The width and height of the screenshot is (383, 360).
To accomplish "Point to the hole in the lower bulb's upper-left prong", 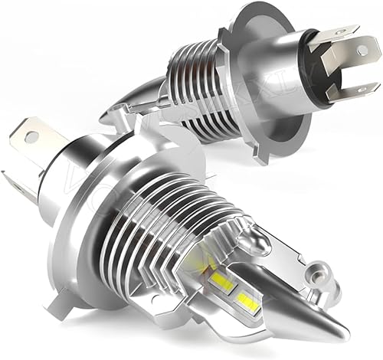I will pos(31,138).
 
